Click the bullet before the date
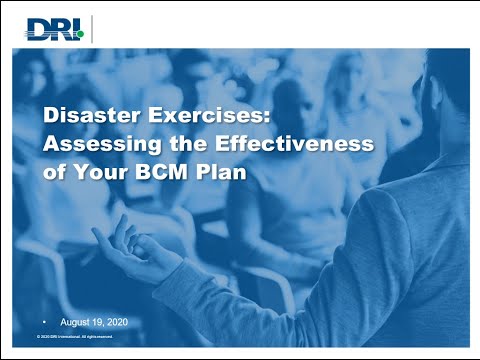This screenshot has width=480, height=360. coord(43,324)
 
